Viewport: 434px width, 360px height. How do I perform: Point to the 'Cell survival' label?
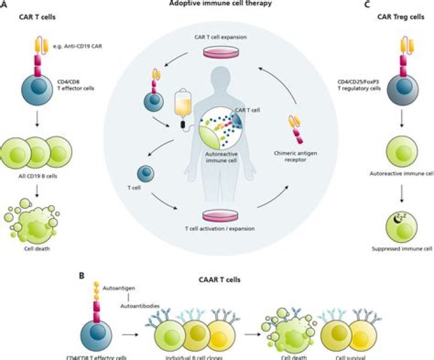pyautogui.click(x=343, y=356)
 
